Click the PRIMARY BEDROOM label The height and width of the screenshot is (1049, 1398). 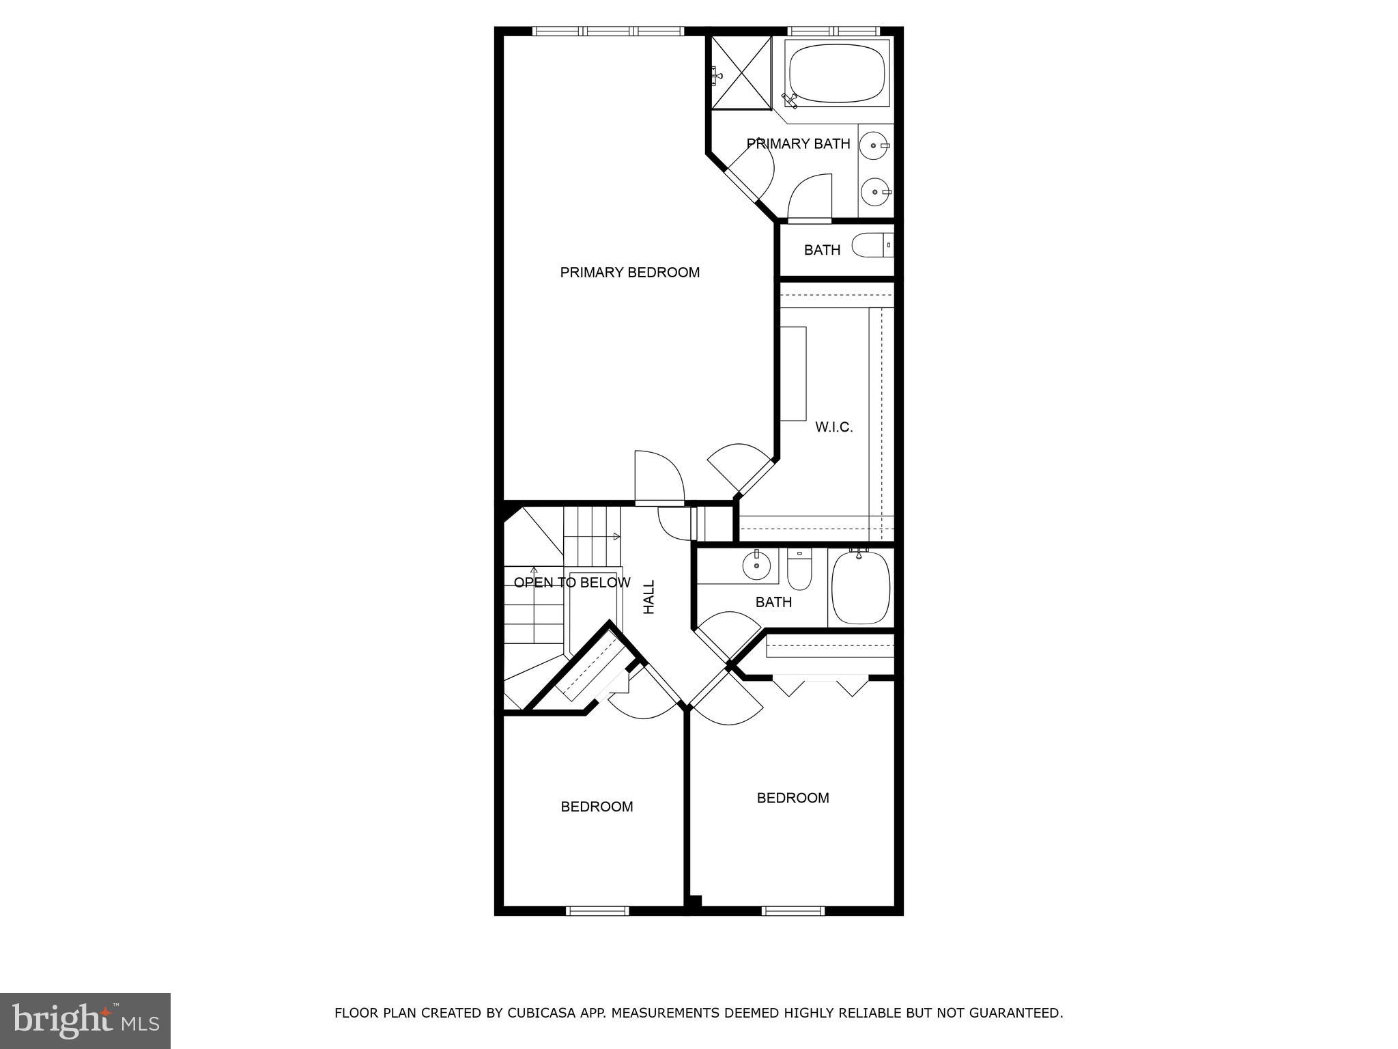point(629,272)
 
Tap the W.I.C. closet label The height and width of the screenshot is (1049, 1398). point(833,428)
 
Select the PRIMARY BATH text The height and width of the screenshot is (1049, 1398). point(798,143)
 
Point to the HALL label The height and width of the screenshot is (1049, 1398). point(649,597)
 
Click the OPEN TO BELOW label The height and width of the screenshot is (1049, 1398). point(571,583)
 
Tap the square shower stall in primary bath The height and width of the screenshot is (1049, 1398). point(741,72)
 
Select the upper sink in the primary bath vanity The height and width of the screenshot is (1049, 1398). point(874,145)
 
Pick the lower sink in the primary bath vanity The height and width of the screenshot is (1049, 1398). point(874,192)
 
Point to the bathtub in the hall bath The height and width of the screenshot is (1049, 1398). point(861,588)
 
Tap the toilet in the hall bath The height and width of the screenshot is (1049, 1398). point(799,572)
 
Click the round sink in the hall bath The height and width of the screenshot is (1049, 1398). point(756,565)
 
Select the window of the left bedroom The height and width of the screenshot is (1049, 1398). point(597,910)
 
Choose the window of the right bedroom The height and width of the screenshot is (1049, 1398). point(793,910)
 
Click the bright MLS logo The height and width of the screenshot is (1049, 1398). point(85,1020)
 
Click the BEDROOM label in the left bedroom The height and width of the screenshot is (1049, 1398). point(597,807)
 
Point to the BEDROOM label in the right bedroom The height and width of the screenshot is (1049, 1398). point(793,798)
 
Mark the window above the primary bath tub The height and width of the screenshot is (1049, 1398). point(833,31)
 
